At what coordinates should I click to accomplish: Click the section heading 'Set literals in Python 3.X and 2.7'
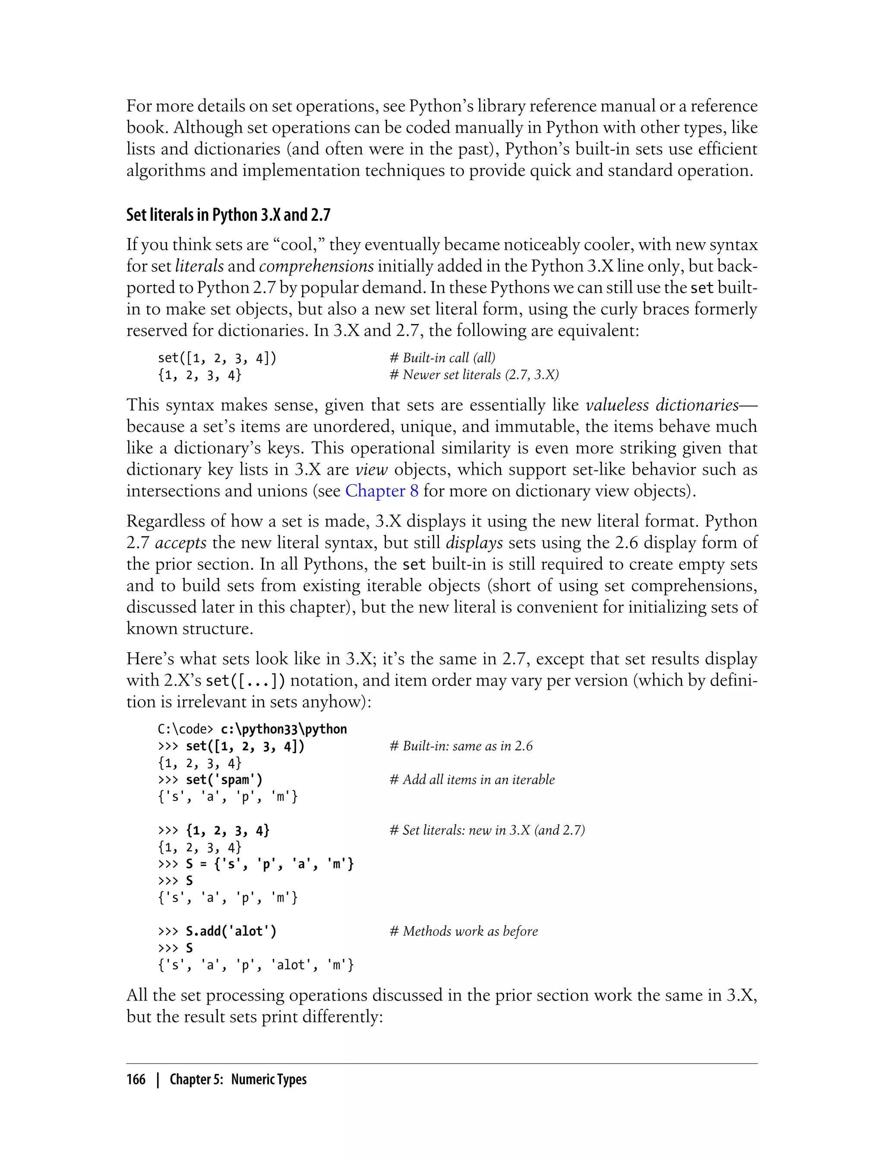tap(228, 215)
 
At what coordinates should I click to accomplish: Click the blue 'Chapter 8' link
tap(382, 491)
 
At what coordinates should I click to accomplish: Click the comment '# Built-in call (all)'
tap(442, 358)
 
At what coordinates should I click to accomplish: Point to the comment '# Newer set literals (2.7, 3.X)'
tap(474, 375)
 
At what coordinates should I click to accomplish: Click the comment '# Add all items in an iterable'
tap(472, 780)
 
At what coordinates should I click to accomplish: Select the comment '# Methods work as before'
tap(464, 931)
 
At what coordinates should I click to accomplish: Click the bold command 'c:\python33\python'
tap(284, 729)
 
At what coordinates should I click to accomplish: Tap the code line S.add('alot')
tap(231, 931)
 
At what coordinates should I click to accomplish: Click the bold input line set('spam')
tap(224, 780)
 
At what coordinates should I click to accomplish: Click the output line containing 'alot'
tap(256, 965)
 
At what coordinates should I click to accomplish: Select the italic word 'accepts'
tap(180, 543)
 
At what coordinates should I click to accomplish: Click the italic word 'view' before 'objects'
tap(372, 469)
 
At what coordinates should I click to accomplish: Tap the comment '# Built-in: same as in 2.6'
tap(461, 746)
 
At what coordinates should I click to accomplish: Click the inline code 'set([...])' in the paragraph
tap(245, 681)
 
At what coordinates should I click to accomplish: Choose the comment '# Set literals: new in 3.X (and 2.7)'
tap(487, 830)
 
